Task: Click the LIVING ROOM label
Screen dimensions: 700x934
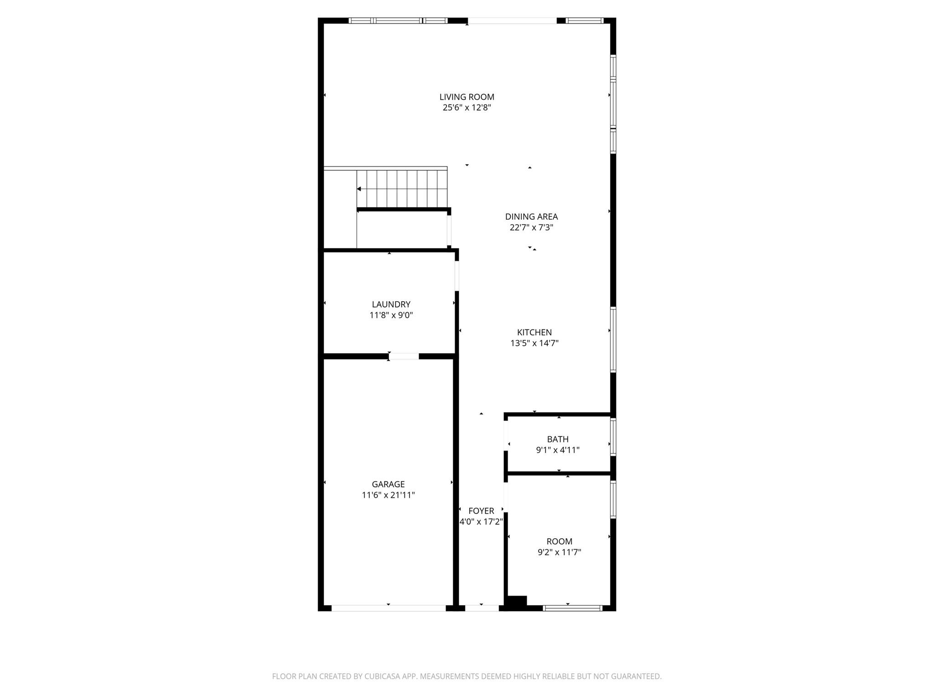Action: pos(467,97)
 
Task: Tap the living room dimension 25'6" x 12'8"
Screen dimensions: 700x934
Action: pos(467,108)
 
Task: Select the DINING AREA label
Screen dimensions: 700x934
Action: pos(531,216)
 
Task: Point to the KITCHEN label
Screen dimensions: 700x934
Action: pos(534,332)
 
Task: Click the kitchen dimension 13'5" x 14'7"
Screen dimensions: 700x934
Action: pos(534,343)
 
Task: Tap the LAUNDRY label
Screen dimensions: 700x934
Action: pos(391,304)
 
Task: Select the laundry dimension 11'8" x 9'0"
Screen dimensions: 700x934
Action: pos(391,315)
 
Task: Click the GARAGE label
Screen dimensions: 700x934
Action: pos(388,484)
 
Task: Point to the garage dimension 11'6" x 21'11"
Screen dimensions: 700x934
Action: pos(388,495)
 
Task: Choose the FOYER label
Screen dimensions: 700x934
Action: pos(481,511)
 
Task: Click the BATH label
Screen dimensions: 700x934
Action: pos(558,439)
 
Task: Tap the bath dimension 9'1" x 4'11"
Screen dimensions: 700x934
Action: pos(558,450)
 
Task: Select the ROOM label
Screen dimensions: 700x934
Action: pos(559,541)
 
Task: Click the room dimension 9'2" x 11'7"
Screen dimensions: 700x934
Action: pos(559,552)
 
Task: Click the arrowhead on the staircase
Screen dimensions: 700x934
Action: pos(359,189)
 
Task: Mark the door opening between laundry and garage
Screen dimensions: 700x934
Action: pos(404,356)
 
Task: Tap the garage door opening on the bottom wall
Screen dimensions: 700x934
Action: pos(388,608)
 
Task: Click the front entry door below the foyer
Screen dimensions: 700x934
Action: pos(482,608)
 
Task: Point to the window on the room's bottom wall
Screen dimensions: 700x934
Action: pos(573,608)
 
